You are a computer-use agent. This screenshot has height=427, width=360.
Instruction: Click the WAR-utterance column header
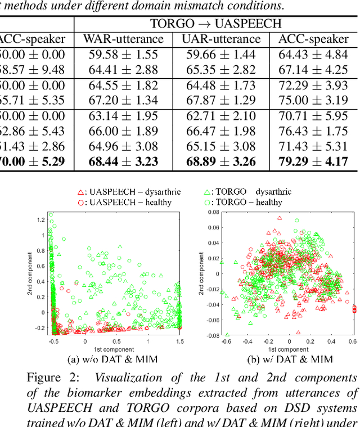123,39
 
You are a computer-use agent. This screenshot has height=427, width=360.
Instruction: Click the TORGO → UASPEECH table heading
216,24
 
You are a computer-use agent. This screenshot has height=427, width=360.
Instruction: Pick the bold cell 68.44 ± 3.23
123,162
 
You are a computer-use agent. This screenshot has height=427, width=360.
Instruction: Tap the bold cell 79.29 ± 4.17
313,162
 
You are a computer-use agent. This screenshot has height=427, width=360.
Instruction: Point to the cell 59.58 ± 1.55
123,55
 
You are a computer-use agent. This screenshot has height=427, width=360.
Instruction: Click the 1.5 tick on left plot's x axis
179,341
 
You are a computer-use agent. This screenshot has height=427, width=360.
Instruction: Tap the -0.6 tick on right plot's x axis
226,341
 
